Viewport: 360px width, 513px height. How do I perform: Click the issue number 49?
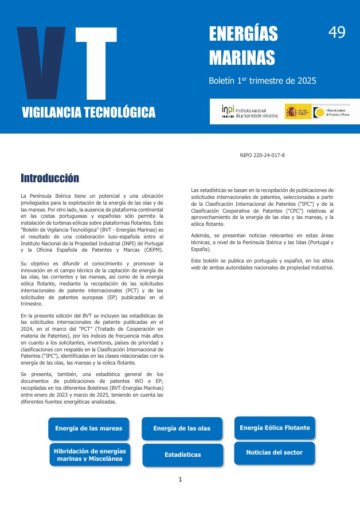[x=336, y=33]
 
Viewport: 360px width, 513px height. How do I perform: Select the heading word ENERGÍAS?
[x=243, y=34]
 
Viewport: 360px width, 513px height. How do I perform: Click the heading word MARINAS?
[x=242, y=57]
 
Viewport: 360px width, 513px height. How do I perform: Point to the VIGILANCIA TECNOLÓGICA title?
[x=89, y=112]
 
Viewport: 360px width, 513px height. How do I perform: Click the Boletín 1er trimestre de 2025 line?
[x=262, y=81]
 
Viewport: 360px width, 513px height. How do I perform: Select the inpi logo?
[x=251, y=111]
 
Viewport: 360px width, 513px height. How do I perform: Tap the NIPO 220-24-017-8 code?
[x=262, y=155]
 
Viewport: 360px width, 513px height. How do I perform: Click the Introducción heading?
[x=50, y=178]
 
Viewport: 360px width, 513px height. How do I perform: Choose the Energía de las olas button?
[x=182, y=429]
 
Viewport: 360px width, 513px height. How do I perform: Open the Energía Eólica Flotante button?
[x=275, y=428]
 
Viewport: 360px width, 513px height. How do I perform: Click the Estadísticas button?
[x=182, y=455]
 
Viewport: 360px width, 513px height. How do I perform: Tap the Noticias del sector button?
[x=274, y=453]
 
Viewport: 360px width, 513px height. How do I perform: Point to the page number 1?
[x=180, y=479]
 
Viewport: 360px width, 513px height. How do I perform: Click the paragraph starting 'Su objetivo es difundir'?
[x=92, y=284]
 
